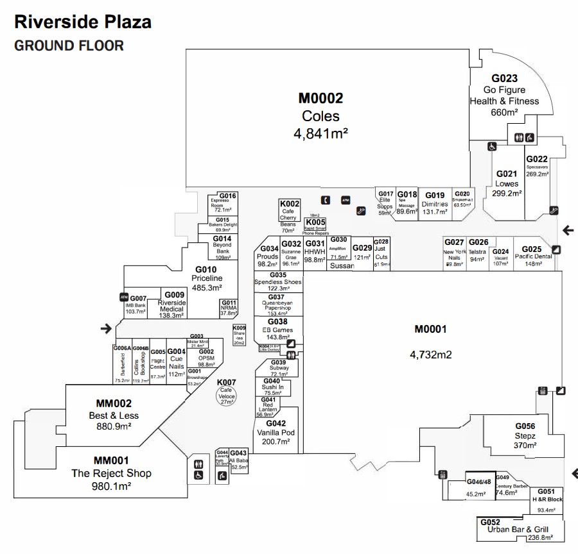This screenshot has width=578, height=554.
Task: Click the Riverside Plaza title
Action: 83,22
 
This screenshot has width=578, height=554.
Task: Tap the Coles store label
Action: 320,117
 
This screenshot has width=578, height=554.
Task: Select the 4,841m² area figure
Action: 320,133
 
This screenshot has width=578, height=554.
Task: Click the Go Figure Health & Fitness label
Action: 504,96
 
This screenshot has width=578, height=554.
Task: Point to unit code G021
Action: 507,174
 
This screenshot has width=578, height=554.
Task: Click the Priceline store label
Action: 207,278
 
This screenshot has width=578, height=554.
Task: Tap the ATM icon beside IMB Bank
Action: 124,297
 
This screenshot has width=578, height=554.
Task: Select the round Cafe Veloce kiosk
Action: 227,396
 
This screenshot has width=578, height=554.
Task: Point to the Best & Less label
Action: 114,415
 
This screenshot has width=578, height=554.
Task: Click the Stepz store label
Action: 524,436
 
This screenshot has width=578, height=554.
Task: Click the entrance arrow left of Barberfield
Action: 106,329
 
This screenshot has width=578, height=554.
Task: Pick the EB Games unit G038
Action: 277,330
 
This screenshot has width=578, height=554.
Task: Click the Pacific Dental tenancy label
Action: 533,256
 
